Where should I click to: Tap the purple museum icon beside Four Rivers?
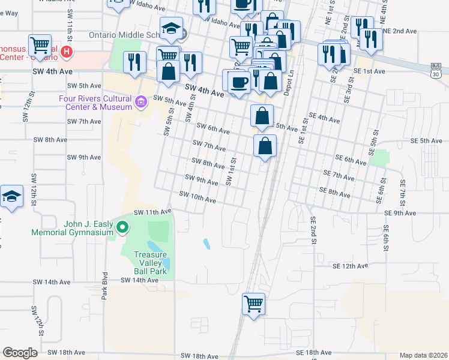pyautogui.click(x=141, y=103)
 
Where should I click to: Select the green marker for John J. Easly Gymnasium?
pyautogui.click(x=122, y=227)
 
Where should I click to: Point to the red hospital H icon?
pyautogui.click(x=67, y=52)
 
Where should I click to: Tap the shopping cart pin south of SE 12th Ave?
pyautogui.click(x=253, y=304)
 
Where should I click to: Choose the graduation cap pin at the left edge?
pyautogui.click(x=11, y=197)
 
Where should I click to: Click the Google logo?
pyautogui.click(x=20, y=353)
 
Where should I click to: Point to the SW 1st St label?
pyautogui.click(x=230, y=172)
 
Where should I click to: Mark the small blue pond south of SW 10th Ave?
pyautogui.click(x=206, y=244)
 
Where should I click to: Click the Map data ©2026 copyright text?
pyautogui.click(x=423, y=355)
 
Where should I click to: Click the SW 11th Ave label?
pyautogui.click(x=152, y=212)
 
